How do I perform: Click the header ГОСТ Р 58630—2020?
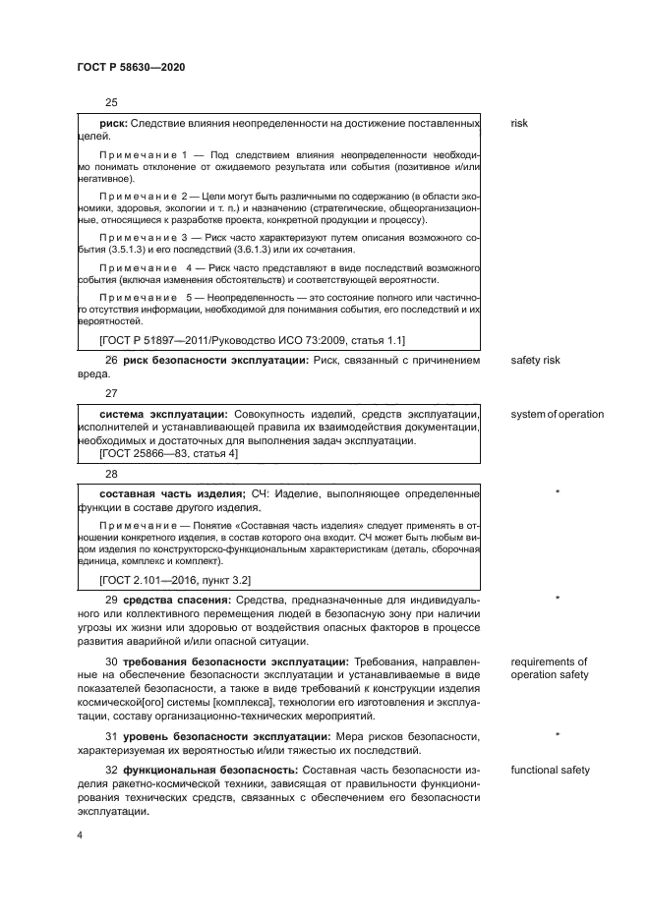pyautogui.click(x=130, y=66)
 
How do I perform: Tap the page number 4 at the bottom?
pyautogui.click(x=80, y=834)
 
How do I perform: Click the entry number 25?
pyautogui.click(x=111, y=103)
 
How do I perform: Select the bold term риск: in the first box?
pyautogui.click(x=107, y=124)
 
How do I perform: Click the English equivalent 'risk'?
pyautogui.click(x=519, y=124)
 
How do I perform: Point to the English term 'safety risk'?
pyautogui.click(x=535, y=361)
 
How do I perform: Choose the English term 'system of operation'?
pyautogui.click(x=557, y=414)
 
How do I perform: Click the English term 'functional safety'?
pyautogui.click(x=550, y=770)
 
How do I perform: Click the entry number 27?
pyautogui.click(x=111, y=392)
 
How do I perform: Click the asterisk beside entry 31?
pyautogui.click(x=558, y=734)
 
